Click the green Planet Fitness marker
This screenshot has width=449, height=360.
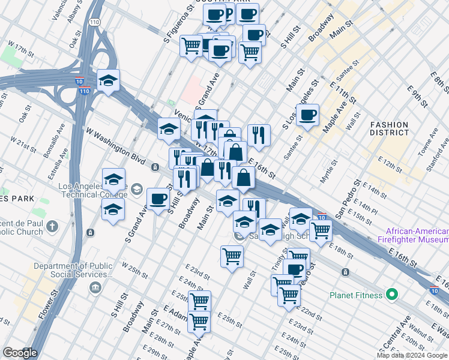coord(392,295)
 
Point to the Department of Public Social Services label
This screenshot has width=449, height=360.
coord(73,270)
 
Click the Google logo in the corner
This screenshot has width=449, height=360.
coord(20,353)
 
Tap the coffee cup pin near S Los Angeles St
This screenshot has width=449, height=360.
coord(307,115)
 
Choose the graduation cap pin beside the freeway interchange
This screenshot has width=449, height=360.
coord(109,81)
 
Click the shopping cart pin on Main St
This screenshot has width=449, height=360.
coord(232,256)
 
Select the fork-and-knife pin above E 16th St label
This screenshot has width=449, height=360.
coord(259,136)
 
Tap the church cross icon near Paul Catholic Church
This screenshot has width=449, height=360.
coord(52,227)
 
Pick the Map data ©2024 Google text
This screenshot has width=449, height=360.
coord(411,355)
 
